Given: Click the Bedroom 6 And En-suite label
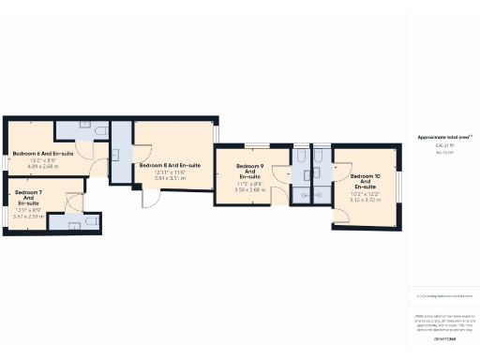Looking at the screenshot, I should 43,153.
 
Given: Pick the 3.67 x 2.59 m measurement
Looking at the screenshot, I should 28,216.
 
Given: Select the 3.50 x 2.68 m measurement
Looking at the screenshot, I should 248,190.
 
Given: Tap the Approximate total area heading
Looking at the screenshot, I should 442,137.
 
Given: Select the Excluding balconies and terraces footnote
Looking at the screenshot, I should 442,296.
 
